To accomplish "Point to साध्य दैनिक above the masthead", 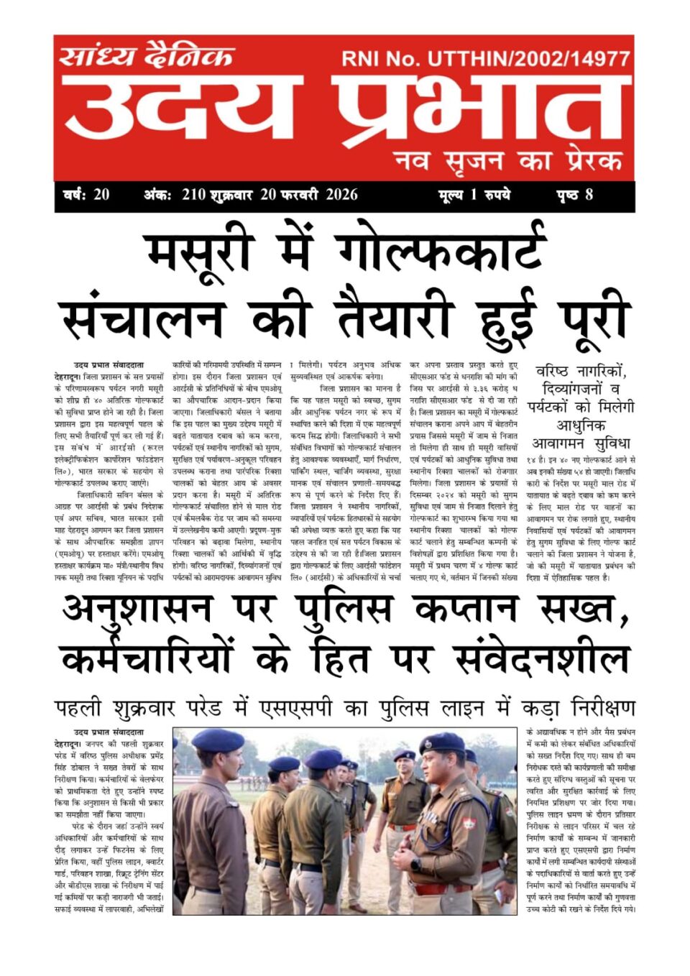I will (147, 55).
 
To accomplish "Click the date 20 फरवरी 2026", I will (309, 195).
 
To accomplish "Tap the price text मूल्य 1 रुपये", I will (474, 195).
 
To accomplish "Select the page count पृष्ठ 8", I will (574, 195).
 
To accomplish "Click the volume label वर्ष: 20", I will (86, 195).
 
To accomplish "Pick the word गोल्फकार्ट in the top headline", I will (439, 252).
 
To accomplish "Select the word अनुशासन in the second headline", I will (137, 609).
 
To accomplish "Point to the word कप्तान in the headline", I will (465, 609).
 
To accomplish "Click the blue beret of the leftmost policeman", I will (218, 740).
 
